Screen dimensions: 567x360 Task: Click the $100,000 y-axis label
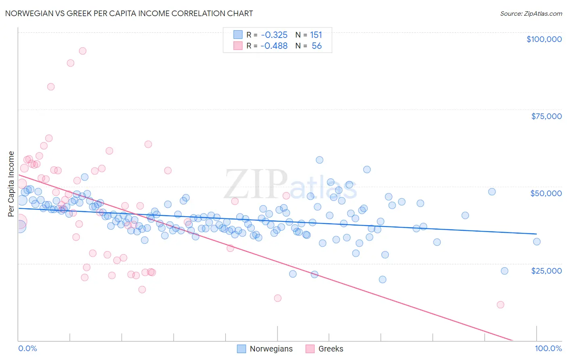(x=544, y=39)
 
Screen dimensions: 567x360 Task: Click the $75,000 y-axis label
(x=546, y=116)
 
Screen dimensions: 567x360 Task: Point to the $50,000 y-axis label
(x=546, y=193)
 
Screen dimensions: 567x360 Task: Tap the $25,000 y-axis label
(x=546, y=270)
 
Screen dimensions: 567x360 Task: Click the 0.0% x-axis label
(x=27, y=349)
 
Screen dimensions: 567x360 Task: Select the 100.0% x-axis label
(x=548, y=349)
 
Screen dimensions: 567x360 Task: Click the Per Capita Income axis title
(x=11, y=184)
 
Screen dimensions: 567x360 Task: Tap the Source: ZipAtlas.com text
(x=531, y=13)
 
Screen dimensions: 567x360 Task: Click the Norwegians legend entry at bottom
(x=271, y=349)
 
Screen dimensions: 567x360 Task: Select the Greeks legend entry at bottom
(x=330, y=349)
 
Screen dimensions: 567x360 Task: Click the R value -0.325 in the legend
(x=274, y=35)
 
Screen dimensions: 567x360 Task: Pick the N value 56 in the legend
(x=317, y=46)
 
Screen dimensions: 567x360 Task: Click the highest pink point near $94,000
(x=83, y=51)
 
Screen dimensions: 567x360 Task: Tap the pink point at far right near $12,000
(x=500, y=305)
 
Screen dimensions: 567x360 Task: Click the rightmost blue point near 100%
(x=537, y=242)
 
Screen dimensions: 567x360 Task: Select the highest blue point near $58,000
(x=319, y=160)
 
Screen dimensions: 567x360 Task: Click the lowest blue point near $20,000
(x=382, y=279)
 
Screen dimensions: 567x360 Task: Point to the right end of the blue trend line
(x=536, y=234)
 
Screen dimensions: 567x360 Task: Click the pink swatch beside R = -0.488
(x=238, y=46)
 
